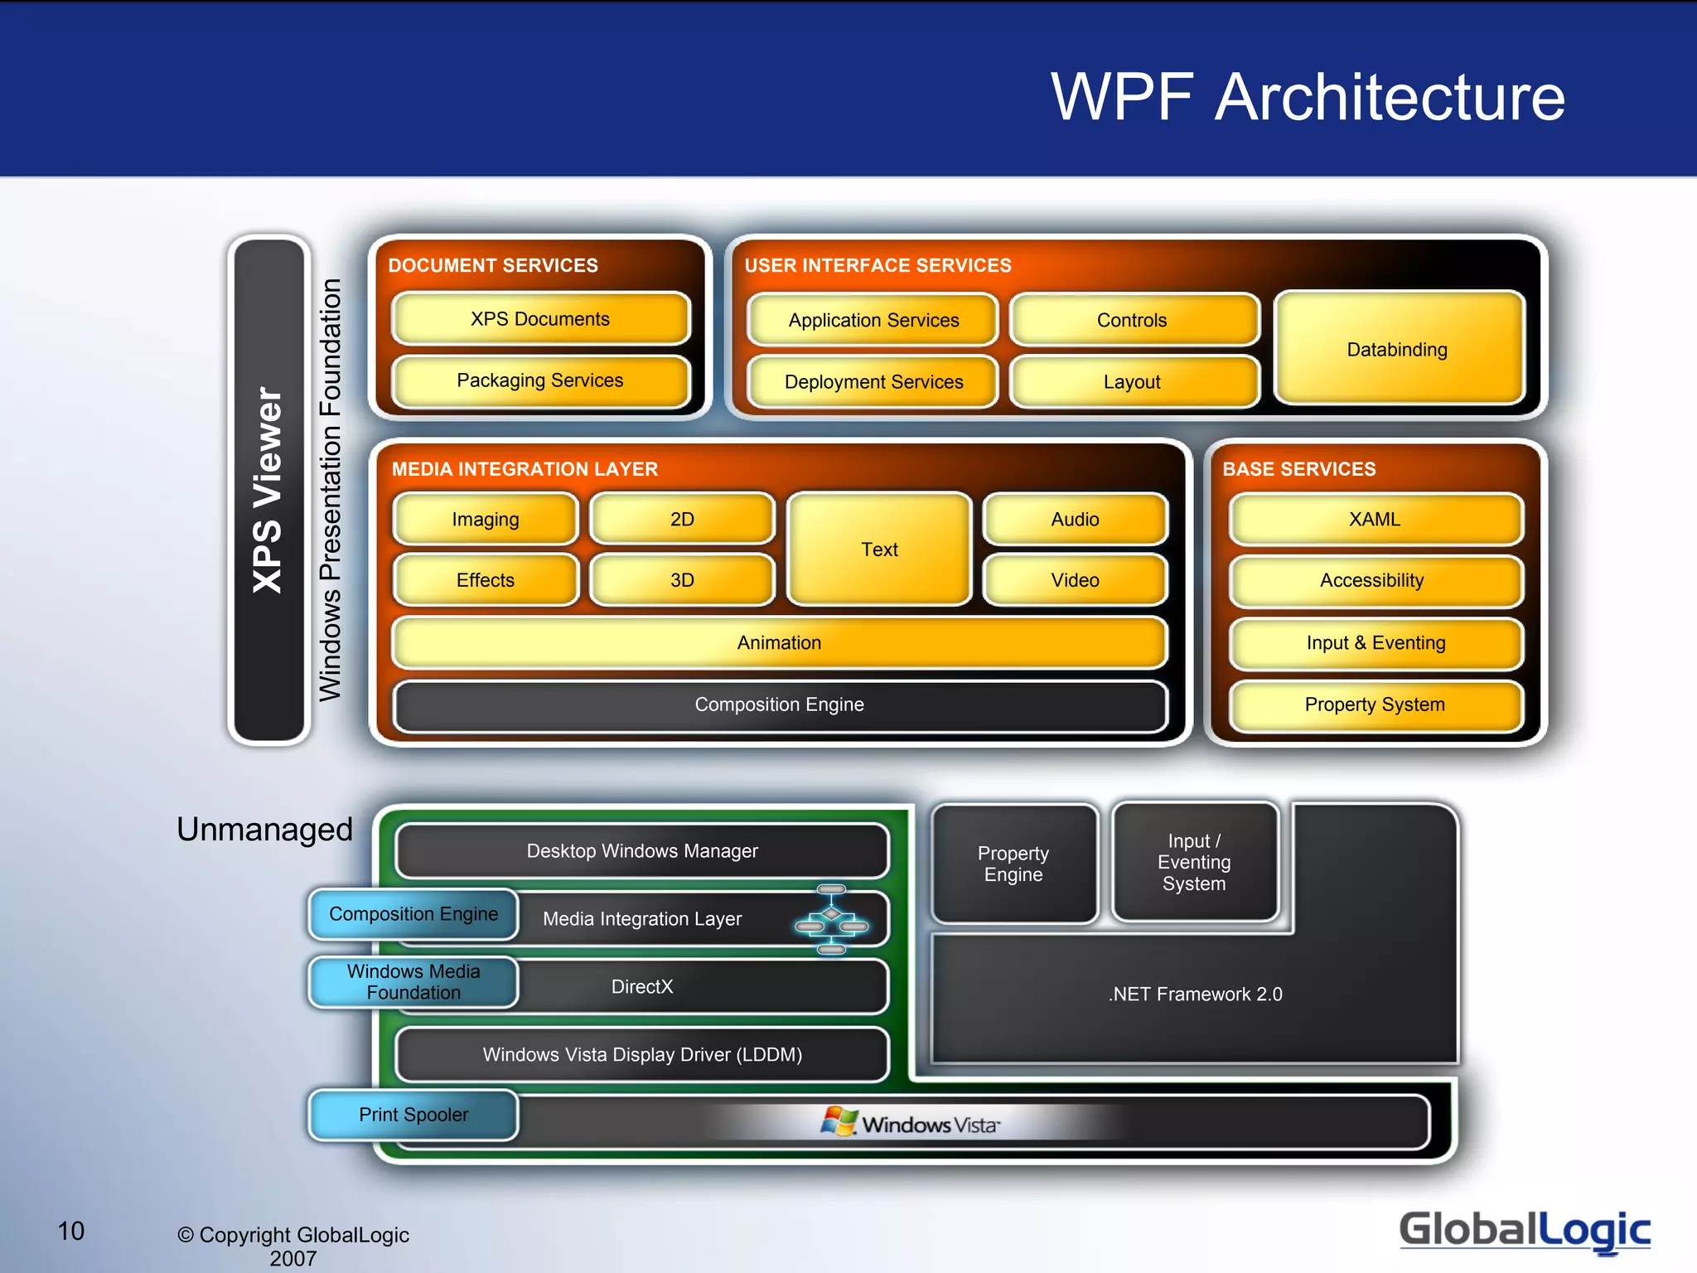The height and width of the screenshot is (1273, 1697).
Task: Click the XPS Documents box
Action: click(540, 319)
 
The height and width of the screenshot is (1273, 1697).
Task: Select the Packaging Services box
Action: click(540, 380)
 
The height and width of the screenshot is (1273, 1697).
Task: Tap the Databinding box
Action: click(1398, 349)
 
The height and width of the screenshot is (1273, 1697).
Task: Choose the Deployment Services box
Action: click(873, 382)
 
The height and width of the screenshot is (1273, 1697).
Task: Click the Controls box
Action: click(1132, 320)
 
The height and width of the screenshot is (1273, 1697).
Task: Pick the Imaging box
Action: click(486, 520)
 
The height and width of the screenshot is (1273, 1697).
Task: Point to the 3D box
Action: click(682, 580)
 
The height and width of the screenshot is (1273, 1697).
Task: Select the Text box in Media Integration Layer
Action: click(879, 549)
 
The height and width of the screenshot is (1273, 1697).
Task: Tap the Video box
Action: click(1075, 580)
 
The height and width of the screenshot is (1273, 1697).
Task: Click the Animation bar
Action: click(779, 642)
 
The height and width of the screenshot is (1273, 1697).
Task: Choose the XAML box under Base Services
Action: click(1375, 520)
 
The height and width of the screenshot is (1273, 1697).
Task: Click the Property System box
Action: click(1375, 704)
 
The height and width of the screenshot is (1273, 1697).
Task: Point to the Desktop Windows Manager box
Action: click(642, 851)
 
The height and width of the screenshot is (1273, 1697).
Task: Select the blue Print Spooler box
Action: click(413, 1115)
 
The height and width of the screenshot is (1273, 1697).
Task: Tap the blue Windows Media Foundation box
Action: click(413, 982)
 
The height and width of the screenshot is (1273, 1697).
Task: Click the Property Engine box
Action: click(1013, 864)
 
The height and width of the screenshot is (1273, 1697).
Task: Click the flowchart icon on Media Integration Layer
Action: click(831, 919)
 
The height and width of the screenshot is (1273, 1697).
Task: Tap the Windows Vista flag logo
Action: click(839, 1122)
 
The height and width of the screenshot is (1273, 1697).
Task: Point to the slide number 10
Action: click(71, 1231)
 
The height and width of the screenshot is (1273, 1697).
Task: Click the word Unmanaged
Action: click(264, 830)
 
